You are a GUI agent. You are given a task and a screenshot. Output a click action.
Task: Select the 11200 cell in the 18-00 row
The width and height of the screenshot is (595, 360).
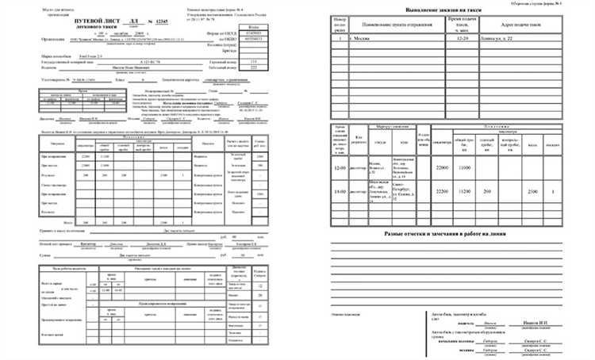tap(466, 192)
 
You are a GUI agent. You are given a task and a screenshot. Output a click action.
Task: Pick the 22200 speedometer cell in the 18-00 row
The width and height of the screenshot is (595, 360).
tap(443, 192)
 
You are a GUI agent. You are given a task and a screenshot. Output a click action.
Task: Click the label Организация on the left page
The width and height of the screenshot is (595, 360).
tap(56, 36)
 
